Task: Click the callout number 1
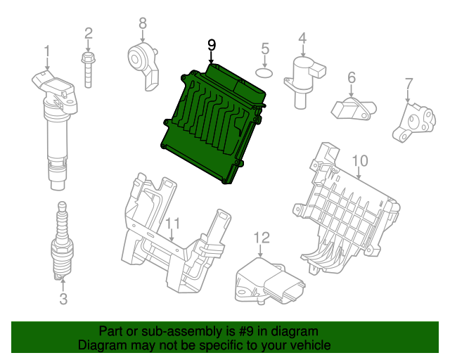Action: tap(47, 51)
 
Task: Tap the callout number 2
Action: tap(89, 33)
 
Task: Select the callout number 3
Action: tap(63, 301)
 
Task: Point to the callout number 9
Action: tap(212, 45)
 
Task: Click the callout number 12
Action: tap(262, 236)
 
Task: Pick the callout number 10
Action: tap(359, 162)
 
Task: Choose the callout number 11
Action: tap(172, 224)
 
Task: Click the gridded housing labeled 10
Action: tap(348, 211)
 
